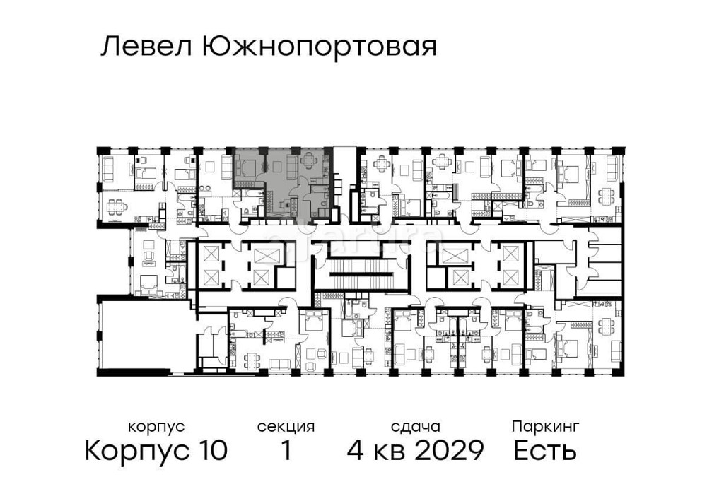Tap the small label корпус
tap(156, 427)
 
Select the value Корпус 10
tap(156, 450)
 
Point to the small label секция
tap(286, 427)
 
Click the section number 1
tap(286, 450)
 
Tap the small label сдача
tap(416, 427)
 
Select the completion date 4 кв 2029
tap(416, 450)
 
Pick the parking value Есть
tap(545, 450)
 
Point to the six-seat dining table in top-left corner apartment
tap(115, 207)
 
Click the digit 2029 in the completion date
tap(451, 450)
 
